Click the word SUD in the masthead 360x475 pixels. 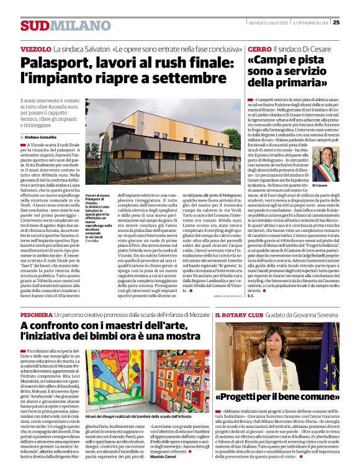coord(34,25)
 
